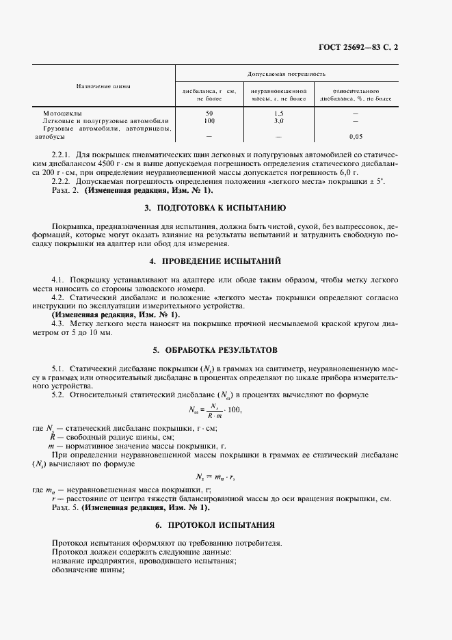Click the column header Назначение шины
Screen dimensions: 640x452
click(103, 87)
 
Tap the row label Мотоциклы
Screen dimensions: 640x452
click(63, 112)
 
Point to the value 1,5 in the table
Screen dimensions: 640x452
click(278, 112)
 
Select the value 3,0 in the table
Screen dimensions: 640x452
click(278, 120)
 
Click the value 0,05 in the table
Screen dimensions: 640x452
click(356, 136)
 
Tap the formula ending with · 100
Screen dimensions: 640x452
click(215, 410)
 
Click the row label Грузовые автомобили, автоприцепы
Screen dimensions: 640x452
click(107, 129)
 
